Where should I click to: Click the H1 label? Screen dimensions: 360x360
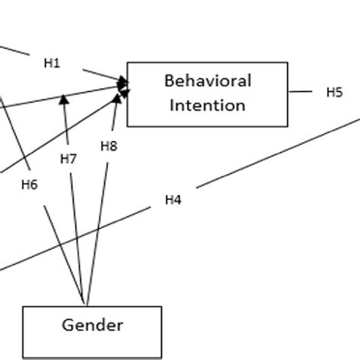point(51,64)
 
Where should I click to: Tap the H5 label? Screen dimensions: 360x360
point(334,92)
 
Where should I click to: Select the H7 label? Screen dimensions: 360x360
point(68,159)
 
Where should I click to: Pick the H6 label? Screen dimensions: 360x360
point(30,183)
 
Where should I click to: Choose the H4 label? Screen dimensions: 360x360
point(173,200)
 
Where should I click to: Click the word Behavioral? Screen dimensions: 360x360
point(207,81)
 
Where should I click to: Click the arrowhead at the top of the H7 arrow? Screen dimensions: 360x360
point(65,97)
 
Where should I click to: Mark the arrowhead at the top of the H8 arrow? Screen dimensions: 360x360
point(118,97)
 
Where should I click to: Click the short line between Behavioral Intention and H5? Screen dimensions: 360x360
point(302,92)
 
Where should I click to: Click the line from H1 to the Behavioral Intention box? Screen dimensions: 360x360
point(103,75)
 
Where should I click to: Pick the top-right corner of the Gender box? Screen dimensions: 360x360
point(162,307)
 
